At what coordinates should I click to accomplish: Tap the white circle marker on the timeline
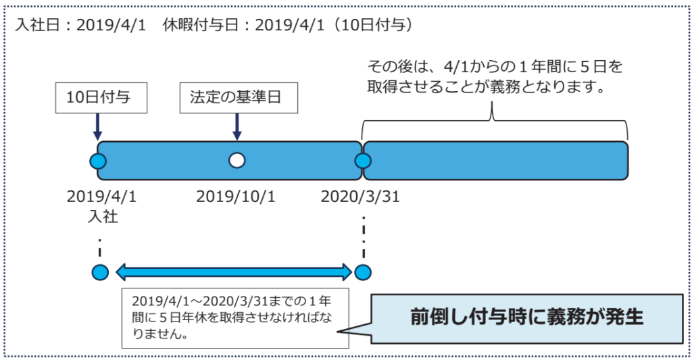tap(237, 160)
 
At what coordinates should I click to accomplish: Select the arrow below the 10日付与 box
tap(98, 126)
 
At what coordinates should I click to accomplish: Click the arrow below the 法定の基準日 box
tap(237, 126)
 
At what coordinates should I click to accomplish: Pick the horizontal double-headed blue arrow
tap(234, 272)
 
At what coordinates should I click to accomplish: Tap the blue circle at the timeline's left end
tap(98, 161)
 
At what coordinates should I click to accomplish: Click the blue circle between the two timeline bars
tap(363, 161)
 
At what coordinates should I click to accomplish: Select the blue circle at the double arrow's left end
tap(100, 272)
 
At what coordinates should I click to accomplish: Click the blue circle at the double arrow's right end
tap(363, 272)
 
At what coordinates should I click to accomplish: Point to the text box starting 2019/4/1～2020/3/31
tap(234, 317)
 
